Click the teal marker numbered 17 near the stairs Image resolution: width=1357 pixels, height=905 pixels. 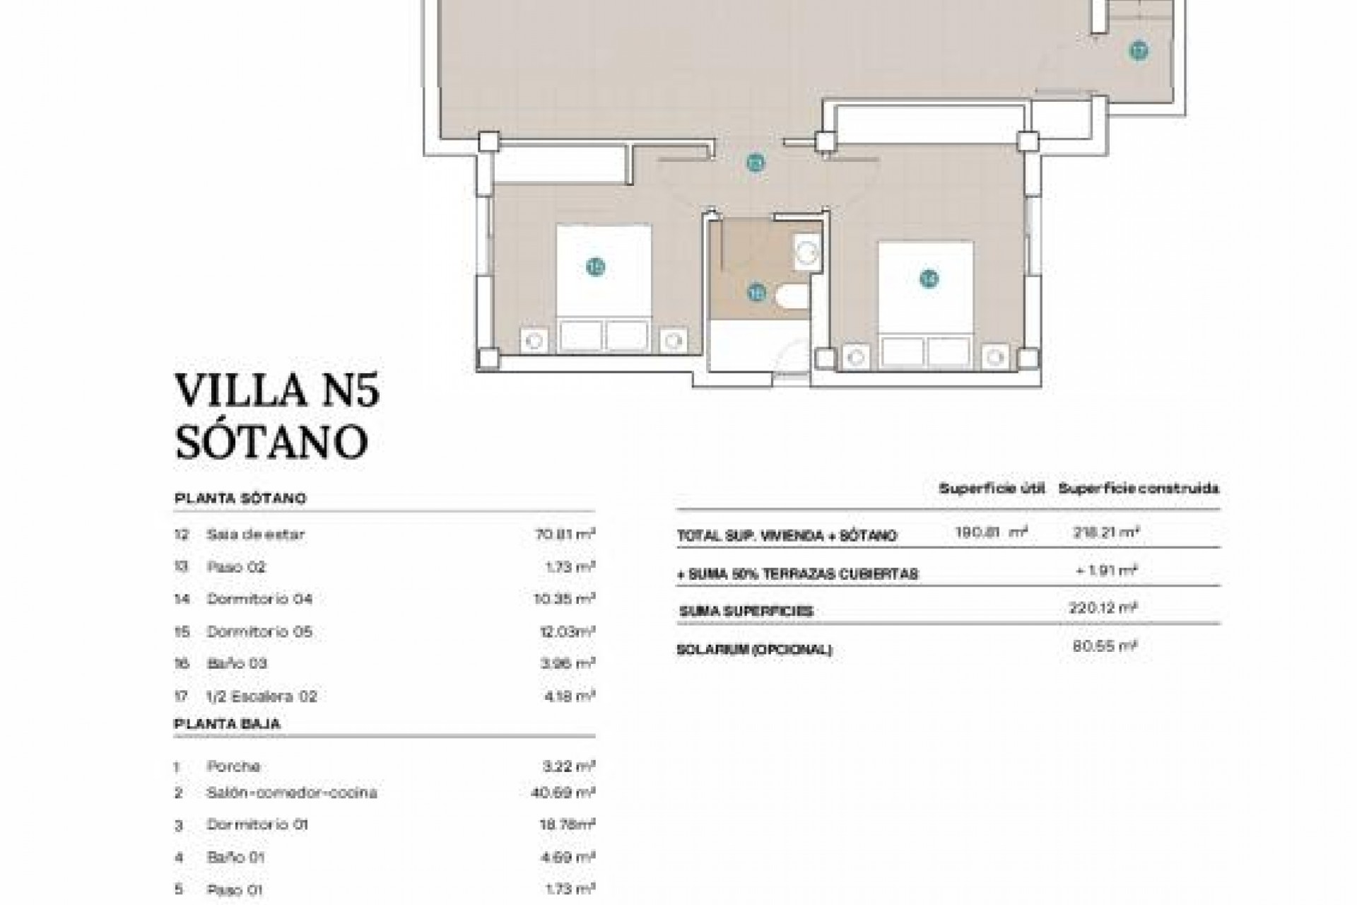1138,51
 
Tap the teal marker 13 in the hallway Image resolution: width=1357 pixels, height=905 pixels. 756,164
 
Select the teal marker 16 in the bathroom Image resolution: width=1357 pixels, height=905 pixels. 757,292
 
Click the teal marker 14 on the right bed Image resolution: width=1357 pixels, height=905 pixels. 929,279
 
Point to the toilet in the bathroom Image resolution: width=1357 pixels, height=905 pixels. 792,297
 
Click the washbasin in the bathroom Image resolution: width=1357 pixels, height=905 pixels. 806,252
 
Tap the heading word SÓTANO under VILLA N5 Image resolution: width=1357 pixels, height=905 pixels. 271,442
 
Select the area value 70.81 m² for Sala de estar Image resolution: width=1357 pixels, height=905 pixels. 565,534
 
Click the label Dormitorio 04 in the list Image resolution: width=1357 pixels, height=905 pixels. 259,599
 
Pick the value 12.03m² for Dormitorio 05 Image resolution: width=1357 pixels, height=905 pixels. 565,631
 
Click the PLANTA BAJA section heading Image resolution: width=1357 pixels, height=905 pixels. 227,723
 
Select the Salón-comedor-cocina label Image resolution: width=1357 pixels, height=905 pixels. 291,793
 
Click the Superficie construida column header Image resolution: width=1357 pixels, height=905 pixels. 1138,489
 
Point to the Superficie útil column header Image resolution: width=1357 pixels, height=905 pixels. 991,489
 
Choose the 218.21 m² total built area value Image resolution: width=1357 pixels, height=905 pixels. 1105,532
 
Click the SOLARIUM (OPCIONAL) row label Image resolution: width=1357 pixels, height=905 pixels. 753,650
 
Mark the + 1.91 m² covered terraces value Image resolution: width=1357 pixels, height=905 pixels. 1106,571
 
